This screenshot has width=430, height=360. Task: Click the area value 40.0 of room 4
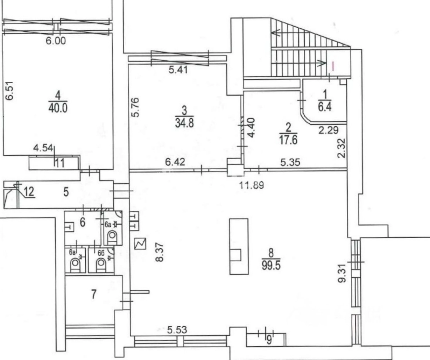[x=58, y=108]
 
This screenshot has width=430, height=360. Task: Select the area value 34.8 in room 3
[x=184, y=123]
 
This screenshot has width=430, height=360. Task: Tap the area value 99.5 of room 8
[x=271, y=266]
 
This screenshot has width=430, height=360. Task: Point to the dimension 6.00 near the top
[x=56, y=41]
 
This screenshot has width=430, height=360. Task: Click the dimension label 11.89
[x=252, y=185]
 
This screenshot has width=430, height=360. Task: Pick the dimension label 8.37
[x=160, y=252]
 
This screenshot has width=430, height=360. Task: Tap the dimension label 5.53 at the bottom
[x=177, y=330]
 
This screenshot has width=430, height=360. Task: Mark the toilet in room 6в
[x=75, y=265]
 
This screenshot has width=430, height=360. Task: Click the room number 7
[x=94, y=294]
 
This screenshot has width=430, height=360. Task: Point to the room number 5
[x=66, y=192]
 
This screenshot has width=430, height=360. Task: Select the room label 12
[x=29, y=192]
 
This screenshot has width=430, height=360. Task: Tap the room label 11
[x=59, y=163]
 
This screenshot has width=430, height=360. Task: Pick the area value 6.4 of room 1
[x=325, y=107]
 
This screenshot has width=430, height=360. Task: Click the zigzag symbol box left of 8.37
[x=140, y=243]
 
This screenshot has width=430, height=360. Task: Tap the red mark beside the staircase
[x=333, y=66]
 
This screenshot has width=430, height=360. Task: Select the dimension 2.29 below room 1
[x=329, y=130]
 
